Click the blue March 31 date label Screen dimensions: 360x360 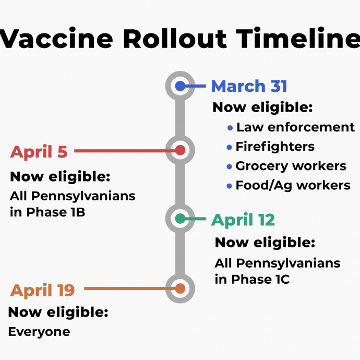coord(249,86)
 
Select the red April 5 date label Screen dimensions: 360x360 coord(39,152)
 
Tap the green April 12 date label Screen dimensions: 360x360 coord(243,220)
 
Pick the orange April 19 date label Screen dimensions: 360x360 coord(42,291)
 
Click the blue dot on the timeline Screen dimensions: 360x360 coord(180,86)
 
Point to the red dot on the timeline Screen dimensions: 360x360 coord(180,150)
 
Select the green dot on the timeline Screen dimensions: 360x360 coord(180,218)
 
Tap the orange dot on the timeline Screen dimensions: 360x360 coord(180,289)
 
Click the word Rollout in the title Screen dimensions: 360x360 coord(175,38)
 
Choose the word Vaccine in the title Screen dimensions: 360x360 coord(56,38)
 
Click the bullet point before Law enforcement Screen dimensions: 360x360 coord(230,128)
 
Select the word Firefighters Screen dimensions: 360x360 coord(275,147)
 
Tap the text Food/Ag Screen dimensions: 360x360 coord(264,186)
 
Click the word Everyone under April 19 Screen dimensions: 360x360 coord(39,332)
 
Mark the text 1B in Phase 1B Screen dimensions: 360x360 coord(78,212)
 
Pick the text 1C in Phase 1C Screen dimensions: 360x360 coord(283,280)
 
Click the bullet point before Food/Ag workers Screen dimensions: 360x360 coord(229,186)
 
